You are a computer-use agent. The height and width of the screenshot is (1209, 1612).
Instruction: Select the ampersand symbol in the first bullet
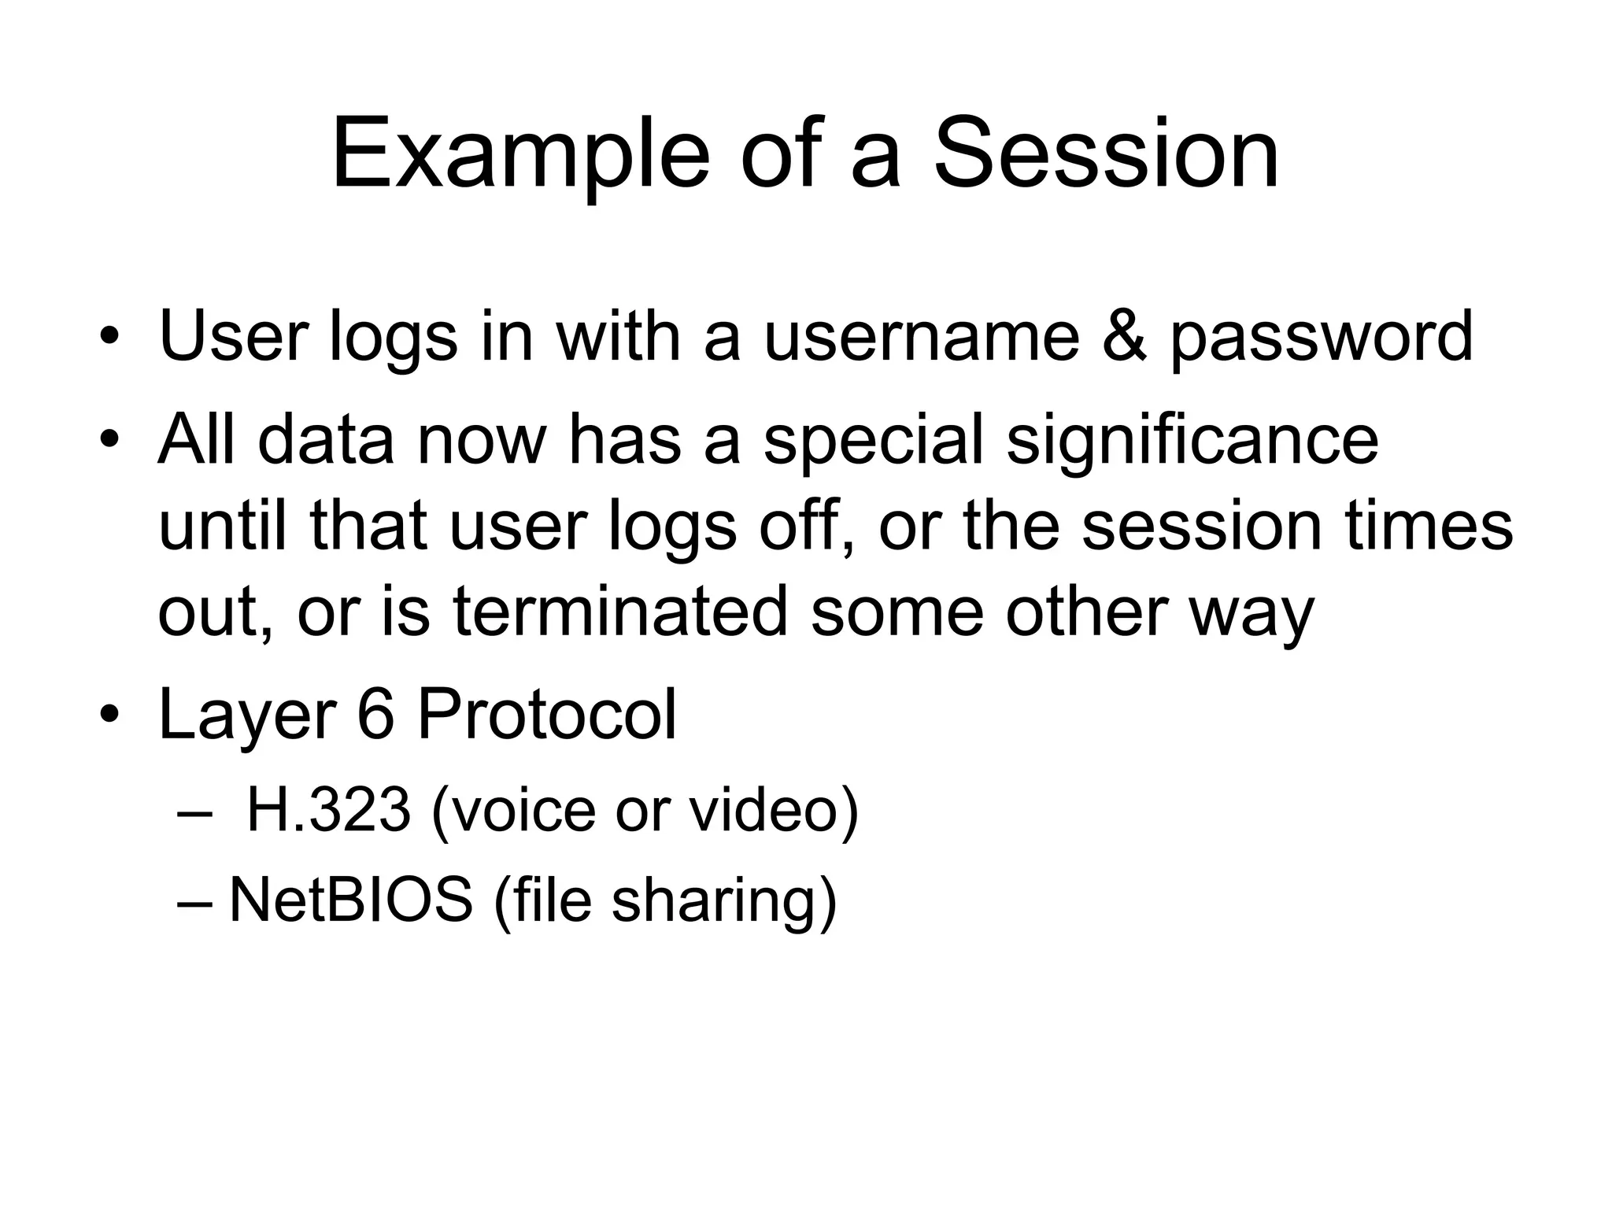(1123, 336)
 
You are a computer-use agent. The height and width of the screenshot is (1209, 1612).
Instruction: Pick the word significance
(1192, 441)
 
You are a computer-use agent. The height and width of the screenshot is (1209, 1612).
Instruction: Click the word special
(874, 441)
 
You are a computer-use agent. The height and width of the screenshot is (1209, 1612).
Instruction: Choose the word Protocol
(547, 715)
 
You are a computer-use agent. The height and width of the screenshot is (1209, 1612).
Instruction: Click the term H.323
(328, 811)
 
